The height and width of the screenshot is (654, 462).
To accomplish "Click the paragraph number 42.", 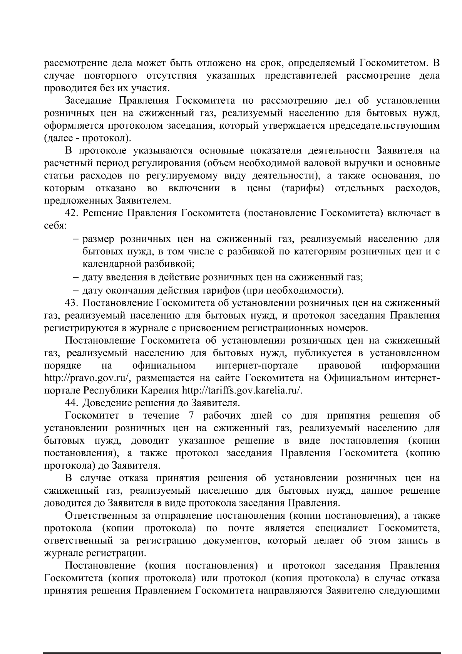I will click(72, 214).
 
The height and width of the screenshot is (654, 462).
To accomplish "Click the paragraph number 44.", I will click(72, 403).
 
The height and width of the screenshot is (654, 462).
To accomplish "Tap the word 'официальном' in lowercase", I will click(164, 365).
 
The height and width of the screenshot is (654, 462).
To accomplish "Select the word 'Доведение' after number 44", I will click(108, 403).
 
